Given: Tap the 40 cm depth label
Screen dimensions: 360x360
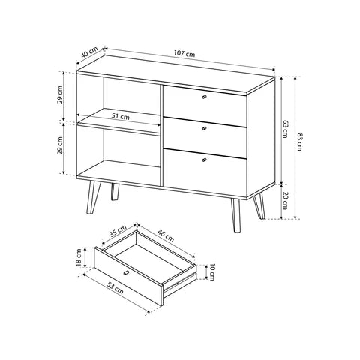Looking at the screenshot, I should (x=88, y=55).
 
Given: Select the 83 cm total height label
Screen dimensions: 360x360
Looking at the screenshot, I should (x=299, y=141).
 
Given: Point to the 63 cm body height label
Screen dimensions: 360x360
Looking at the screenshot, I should (x=286, y=129).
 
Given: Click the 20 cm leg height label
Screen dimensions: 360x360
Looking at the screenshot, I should (x=286, y=201).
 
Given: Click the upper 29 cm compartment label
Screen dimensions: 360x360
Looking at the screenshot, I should (x=61, y=96).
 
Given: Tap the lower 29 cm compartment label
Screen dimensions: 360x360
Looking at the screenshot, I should (x=61, y=148).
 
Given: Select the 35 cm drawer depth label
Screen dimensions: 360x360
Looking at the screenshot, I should (x=116, y=231).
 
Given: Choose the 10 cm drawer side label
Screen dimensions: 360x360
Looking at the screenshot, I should (x=213, y=272).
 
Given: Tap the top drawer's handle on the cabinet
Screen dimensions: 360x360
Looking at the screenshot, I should (x=203, y=98).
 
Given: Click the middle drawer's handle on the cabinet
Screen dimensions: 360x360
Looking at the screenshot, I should (x=203, y=129).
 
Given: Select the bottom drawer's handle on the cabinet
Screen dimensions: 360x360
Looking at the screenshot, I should (x=203, y=160).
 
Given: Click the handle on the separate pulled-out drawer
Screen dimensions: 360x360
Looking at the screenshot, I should (x=126, y=271).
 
